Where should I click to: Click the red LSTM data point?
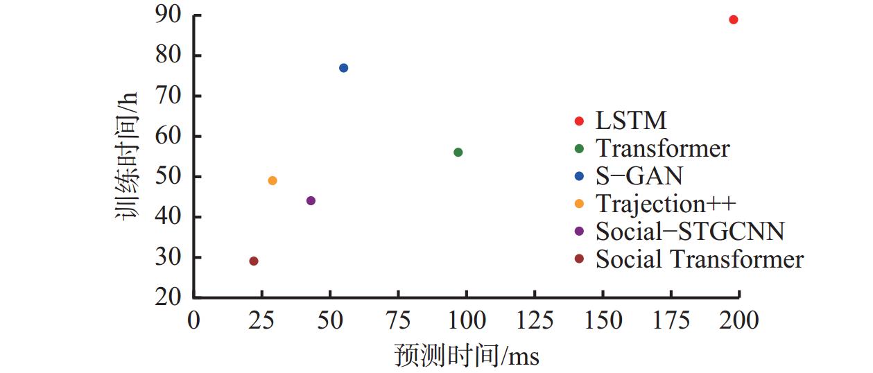(733, 19)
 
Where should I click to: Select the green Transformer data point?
(458, 153)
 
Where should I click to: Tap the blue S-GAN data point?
(343, 68)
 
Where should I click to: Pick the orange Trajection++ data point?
(273, 181)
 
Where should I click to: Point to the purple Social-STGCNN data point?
(311, 201)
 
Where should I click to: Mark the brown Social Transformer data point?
(254, 261)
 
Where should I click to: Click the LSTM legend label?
(630, 121)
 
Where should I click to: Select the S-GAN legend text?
(639, 176)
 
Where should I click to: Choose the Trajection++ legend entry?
(665, 204)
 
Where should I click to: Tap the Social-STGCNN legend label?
(689, 232)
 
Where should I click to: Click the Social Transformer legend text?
(699, 259)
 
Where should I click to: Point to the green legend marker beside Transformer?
(580, 149)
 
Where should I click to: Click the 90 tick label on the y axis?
(170, 15)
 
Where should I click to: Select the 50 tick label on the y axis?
(170, 177)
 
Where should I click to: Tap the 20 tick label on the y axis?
(170, 297)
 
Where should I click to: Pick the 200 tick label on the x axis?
(739, 321)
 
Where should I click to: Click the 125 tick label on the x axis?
(535, 321)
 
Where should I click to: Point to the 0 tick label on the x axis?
(194, 321)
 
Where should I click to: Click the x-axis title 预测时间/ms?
(466, 356)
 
